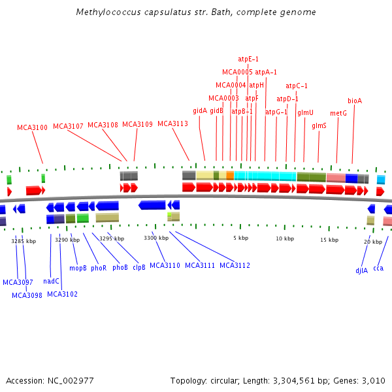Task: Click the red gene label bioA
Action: (x=355, y=101)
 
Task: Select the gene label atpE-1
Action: (x=248, y=59)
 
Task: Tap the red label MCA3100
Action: (x=32, y=127)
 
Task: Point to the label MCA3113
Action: (x=172, y=124)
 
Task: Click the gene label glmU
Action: (x=306, y=112)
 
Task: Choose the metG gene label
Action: (x=338, y=113)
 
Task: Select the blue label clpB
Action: (x=139, y=267)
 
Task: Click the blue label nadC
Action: (x=52, y=281)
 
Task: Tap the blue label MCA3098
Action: (x=27, y=295)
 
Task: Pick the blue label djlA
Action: (x=362, y=270)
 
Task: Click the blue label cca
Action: (x=378, y=268)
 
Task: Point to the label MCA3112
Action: (x=235, y=265)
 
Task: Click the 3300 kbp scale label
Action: (x=156, y=238)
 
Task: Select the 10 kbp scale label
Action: (x=285, y=238)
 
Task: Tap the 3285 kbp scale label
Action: (x=22, y=240)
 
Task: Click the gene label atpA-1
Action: (x=266, y=72)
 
